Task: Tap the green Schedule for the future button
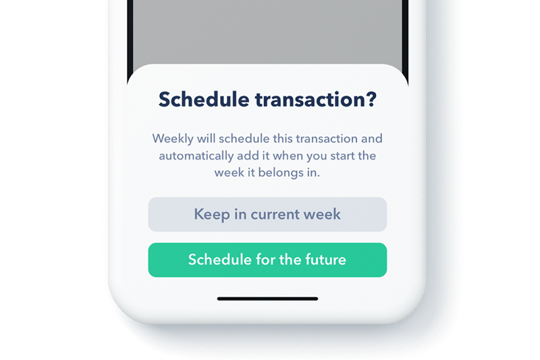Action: (x=267, y=260)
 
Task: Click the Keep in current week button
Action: (x=267, y=214)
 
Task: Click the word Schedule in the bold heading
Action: (x=204, y=99)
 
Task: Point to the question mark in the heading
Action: (x=371, y=99)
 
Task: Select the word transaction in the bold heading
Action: (x=310, y=100)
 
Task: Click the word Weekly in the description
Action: (x=173, y=139)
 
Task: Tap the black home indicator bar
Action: (x=267, y=299)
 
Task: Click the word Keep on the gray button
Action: (x=212, y=215)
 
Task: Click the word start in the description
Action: (x=342, y=156)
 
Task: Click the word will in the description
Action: (x=207, y=138)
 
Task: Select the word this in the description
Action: (x=283, y=138)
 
